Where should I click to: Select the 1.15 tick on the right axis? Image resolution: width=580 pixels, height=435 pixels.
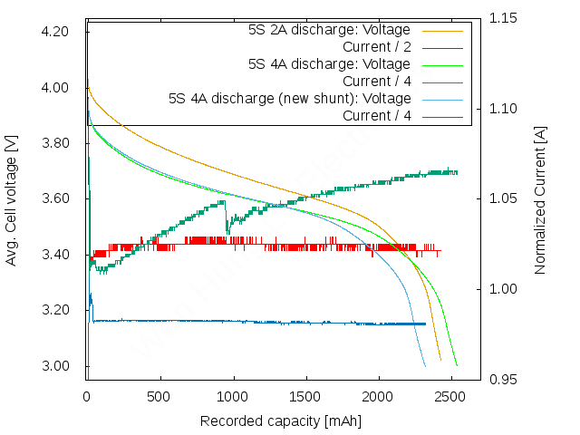point(505,18)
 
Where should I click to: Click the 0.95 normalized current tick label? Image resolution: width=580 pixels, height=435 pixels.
point(505,380)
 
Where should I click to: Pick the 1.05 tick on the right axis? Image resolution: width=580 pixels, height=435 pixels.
point(505,198)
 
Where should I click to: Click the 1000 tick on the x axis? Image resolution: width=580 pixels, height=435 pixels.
point(234,397)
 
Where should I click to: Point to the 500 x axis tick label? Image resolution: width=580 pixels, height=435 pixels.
point(160,397)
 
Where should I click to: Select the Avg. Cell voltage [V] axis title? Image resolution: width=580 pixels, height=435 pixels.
point(12,199)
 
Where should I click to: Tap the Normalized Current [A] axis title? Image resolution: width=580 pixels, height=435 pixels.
point(541,199)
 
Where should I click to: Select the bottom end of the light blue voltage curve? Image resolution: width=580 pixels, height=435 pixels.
point(424,365)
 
